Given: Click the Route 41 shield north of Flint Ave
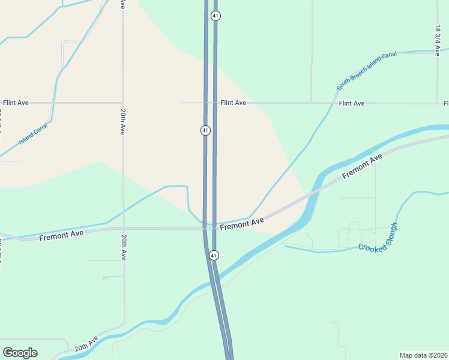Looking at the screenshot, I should tap(215, 16).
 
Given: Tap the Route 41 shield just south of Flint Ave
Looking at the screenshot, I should tap(205, 130).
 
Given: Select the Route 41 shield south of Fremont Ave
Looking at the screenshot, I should tap(214, 256).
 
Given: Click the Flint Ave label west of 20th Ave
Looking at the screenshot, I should tap(16, 103).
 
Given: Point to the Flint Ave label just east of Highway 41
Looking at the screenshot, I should tap(233, 103).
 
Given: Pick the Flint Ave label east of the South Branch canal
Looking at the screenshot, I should tap(352, 103).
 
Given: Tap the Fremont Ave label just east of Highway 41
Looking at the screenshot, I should tap(242, 224).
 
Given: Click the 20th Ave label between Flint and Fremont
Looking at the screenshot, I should tap(122, 121).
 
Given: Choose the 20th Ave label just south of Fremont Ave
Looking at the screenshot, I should tap(123, 247).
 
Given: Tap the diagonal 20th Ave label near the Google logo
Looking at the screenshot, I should tap(86, 344).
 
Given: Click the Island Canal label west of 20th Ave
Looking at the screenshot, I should tap(33, 134).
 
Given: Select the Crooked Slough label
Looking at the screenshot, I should tap(378, 238).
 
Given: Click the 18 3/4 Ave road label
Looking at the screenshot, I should tap(438, 40).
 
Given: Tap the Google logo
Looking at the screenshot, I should tap(20, 352).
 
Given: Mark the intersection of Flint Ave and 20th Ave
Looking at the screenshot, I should tap(123, 103).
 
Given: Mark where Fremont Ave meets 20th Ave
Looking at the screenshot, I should tap(123, 229).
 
